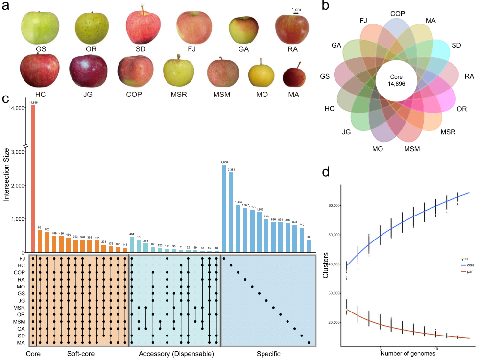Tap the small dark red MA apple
[x=294, y=77]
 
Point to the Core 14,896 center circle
[x=396, y=80]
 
